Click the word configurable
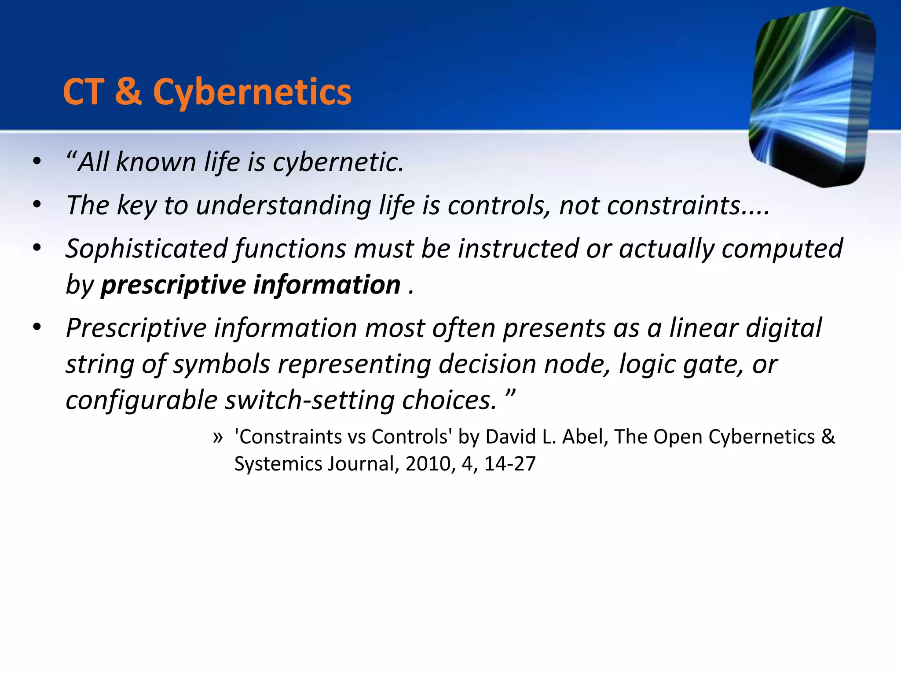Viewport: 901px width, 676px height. pos(141,400)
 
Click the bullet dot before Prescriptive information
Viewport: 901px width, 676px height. pos(37,327)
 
